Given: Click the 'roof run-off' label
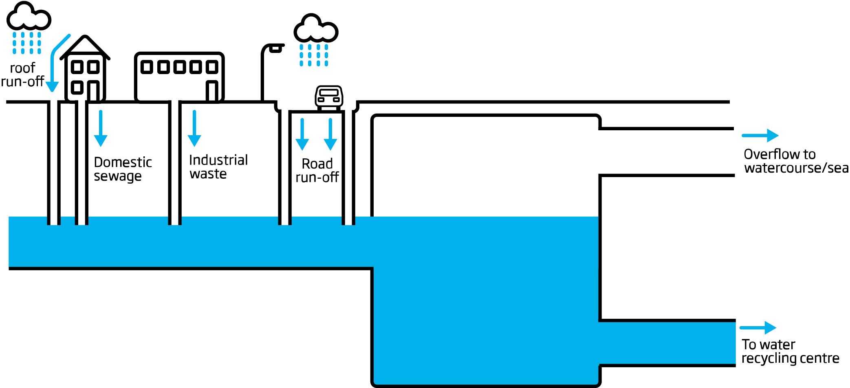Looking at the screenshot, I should pyautogui.click(x=23, y=75).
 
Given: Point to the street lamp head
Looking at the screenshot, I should pyautogui.click(x=276, y=48).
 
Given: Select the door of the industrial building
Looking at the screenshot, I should pyautogui.click(x=212, y=90).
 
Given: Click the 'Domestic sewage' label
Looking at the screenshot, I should pyautogui.click(x=122, y=169).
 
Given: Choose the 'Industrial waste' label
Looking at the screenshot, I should pyautogui.click(x=218, y=167).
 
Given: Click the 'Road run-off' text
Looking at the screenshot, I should pyautogui.click(x=317, y=171).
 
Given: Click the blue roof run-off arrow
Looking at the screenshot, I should pyautogui.click(x=53, y=65).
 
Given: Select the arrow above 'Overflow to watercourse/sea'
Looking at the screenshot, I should pyautogui.click(x=760, y=135).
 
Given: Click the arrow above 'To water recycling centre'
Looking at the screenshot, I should pyautogui.click(x=758, y=327).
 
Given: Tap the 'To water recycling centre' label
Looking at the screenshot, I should pyautogui.click(x=790, y=351).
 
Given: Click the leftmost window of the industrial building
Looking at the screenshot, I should pyautogui.click(x=147, y=67).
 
